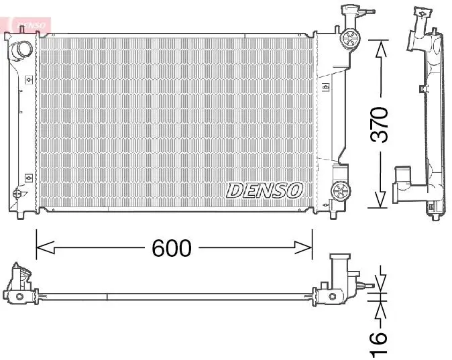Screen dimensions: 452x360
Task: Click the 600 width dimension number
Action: tap(172, 248)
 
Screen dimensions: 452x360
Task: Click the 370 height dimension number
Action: tap(379, 125)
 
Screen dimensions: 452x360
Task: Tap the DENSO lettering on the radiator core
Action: tap(265, 190)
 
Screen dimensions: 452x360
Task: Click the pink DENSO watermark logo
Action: tap(31, 25)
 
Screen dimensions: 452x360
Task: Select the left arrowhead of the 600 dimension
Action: tap(45, 247)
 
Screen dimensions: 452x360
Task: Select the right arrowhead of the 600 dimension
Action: tap(303, 247)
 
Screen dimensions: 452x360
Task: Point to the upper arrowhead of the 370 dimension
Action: tap(381, 50)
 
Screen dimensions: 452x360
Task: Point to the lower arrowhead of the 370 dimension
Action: tap(381, 198)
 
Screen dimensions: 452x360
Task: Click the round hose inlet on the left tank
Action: tap(21, 50)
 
